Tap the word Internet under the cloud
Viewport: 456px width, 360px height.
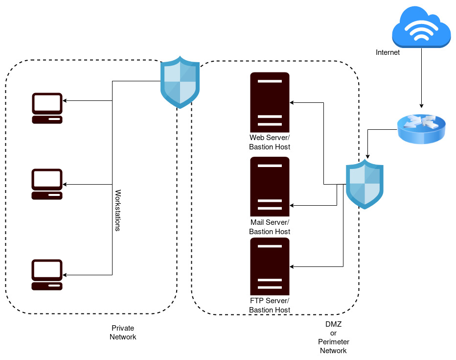click(x=388, y=52)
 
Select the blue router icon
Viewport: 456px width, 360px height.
click(x=421, y=128)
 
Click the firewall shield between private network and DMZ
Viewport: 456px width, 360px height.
click(x=181, y=82)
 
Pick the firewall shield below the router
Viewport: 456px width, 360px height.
click(x=365, y=184)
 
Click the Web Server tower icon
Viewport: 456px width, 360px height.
click(x=270, y=102)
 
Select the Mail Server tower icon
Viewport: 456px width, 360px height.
click(x=270, y=187)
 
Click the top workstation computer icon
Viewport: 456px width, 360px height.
click(x=47, y=108)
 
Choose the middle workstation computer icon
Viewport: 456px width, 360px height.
click(x=47, y=184)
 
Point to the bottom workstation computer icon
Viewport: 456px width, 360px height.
click(x=47, y=275)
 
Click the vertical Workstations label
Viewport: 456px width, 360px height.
click(x=117, y=210)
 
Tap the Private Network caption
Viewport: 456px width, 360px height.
click(x=123, y=333)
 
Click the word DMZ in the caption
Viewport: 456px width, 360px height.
click(x=333, y=324)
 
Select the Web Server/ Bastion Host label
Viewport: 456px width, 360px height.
click(x=270, y=143)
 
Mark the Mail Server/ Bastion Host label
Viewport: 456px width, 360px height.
click(x=270, y=227)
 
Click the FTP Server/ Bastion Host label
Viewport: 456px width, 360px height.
click(x=270, y=305)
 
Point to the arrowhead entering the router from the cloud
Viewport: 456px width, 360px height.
click(x=421, y=106)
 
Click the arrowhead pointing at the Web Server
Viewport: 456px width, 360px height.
click(x=292, y=102)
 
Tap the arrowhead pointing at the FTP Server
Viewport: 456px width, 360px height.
click(x=292, y=267)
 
